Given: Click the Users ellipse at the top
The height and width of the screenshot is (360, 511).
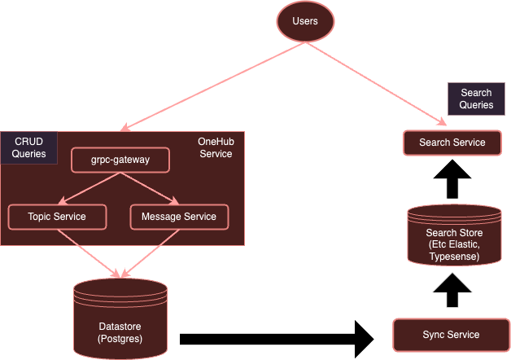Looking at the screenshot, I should (x=306, y=20).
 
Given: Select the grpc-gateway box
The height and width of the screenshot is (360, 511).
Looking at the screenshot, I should (x=120, y=160).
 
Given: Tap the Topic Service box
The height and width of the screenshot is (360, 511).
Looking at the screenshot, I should (x=56, y=216).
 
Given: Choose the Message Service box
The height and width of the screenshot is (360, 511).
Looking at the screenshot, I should (x=179, y=216).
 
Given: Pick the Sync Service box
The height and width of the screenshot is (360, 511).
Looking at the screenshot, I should (x=451, y=335).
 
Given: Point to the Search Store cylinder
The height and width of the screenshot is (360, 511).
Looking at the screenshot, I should (x=453, y=236).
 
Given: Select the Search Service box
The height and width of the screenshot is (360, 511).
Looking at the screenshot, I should (x=452, y=143).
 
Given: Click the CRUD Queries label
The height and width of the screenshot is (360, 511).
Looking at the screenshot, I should (x=28, y=147).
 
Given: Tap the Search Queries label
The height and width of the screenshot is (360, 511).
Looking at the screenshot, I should (x=476, y=99).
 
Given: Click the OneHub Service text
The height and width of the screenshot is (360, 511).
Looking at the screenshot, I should (x=215, y=147).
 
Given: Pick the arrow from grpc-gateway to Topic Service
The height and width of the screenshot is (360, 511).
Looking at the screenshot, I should (x=90, y=188).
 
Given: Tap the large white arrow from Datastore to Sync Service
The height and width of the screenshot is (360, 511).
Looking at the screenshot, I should (x=277, y=336).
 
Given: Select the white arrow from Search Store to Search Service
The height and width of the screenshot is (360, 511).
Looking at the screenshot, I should (x=453, y=179).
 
